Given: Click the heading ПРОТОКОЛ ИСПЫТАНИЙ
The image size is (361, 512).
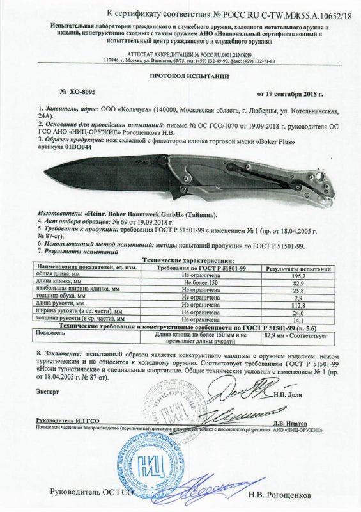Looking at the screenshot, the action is click(181, 76).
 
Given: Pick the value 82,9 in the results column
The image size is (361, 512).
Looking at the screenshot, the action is click(296, 281).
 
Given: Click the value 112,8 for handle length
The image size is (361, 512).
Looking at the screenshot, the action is click(296, 304).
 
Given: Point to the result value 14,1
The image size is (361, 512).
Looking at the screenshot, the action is click(296, 319).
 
